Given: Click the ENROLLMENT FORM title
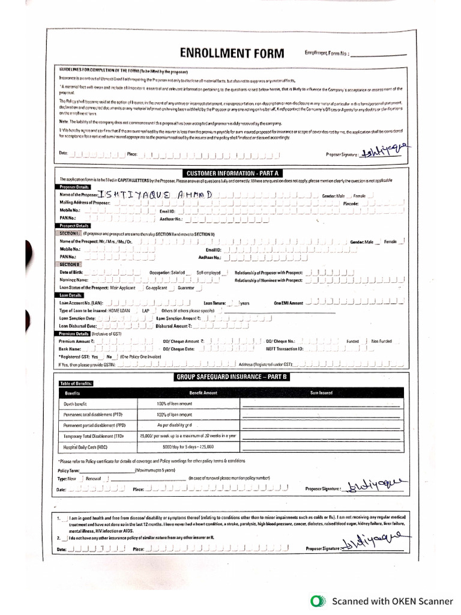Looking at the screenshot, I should pyautogui.click(x=231, y=53).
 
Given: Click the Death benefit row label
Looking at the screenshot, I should pyautogui.click(x=76, y=404).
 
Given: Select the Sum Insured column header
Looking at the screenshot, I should pyautogui.click(x=321, y=393).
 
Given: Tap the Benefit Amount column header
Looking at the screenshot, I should pyautogui.click(x=203, y=393).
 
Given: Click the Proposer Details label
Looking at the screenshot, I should pyautogui.click(x=74, y=187).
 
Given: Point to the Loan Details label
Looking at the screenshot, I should pyautogui.click(x=70, y=295).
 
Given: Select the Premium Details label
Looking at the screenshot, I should pyautogui.click(x=74, y=333).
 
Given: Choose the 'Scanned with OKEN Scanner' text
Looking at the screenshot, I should pyautogui.click(x=393, y=601).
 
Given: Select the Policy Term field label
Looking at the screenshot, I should pyautogui.click(x=68, y=471).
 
